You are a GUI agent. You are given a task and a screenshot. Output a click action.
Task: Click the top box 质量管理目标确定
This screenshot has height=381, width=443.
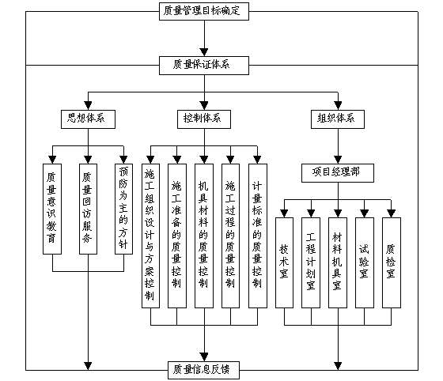(x=204, y=11)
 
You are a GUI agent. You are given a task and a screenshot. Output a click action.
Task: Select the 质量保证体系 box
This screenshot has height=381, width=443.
(x=204, y=66)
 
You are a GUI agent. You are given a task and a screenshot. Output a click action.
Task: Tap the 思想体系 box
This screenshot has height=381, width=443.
(x=88, y=119)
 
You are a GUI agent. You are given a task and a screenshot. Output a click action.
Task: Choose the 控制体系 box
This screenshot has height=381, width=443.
(x=204, y=119)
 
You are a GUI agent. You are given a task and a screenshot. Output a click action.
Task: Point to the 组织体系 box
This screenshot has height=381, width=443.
(x=338, y=119)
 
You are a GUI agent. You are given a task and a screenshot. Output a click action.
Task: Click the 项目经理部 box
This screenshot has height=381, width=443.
(x=338, y=173)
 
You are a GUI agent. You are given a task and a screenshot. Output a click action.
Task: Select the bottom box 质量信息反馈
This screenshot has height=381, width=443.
(x=204, y=370)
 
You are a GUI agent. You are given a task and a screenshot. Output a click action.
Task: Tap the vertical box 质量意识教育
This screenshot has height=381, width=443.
(x=52, y=209)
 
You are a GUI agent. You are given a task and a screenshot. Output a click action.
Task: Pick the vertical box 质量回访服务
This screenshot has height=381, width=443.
(x=88, y=209)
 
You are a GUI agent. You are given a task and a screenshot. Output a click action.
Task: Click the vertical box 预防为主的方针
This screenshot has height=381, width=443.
(x=123, y=209)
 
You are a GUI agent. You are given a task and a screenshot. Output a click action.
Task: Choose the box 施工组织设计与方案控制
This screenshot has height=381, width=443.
(x=150, y=236)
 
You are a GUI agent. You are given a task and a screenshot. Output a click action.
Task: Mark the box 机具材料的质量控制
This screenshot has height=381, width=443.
(x=204, y=236)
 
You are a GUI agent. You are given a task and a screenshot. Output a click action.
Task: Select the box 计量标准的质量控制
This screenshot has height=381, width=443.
(x=258, y=236)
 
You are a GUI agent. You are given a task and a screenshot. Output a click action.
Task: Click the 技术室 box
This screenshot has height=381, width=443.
(x=284, y=262)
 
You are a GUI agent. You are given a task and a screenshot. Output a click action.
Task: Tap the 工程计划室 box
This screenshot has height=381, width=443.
(x=311, y=262)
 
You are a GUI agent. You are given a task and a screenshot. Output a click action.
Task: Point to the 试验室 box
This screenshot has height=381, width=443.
(x=365, y=262)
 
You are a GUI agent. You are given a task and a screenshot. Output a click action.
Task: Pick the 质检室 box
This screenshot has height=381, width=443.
(x=392, y=262)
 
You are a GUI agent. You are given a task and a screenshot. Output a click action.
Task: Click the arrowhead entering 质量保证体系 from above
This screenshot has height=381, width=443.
(x=204, y=52)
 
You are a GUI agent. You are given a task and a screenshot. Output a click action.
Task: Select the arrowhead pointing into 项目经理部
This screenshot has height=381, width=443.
(x=338, y=160)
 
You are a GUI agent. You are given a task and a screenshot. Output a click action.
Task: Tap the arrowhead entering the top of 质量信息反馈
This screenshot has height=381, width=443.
(x=204, y=357)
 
